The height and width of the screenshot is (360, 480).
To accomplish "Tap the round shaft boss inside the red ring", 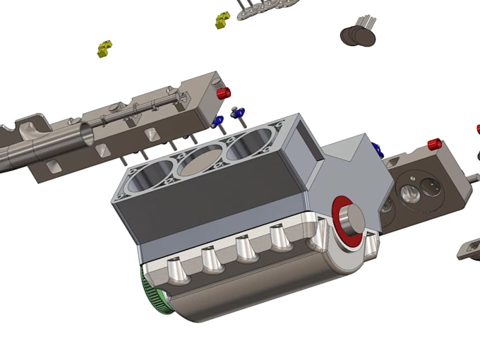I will coord(351,220).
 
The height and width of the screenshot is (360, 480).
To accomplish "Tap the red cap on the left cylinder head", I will coord(225,93).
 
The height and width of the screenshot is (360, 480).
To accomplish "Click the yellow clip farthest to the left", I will coord(105,49).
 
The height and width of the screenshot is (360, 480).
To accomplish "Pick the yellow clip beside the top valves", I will coord(224,20).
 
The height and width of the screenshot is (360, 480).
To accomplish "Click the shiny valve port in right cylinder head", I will coord(409,191).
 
